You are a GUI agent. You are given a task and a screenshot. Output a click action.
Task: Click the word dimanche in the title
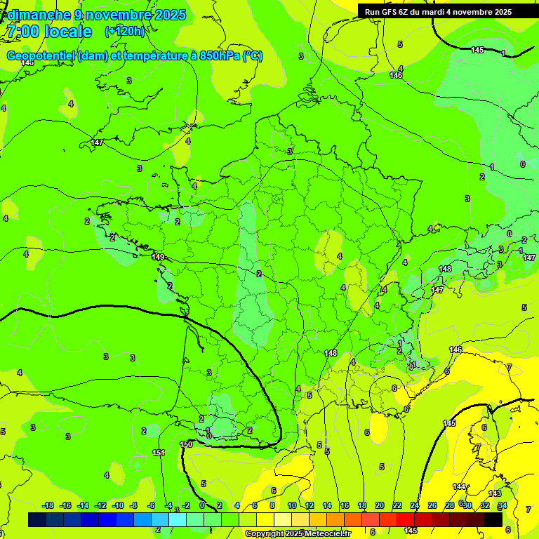[x=39, y=15]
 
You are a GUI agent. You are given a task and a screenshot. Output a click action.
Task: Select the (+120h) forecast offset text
[x=124, y=32]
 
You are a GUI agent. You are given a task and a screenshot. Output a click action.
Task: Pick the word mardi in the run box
[x=440, y=12]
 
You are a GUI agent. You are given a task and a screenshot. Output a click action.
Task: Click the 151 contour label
[x=159, y=453]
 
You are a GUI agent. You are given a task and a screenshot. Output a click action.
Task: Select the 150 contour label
[x=186, y=444]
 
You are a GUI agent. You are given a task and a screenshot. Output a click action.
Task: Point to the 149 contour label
[x=158, y=258]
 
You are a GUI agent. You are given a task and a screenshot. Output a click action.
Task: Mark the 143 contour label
[x=495, y=493]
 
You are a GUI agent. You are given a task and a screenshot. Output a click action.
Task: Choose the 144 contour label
[x=459, y=486]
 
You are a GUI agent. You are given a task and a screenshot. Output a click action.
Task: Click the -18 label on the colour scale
[x=48, y=505]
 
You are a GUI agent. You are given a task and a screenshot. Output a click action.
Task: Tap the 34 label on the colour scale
[x=503, y=505]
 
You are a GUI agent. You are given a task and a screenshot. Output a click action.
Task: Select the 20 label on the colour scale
[x=380, y=505]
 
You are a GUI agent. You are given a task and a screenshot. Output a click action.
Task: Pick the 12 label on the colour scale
[x=309, y=505]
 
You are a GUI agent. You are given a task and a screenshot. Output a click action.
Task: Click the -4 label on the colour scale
[x=169, y=505]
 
